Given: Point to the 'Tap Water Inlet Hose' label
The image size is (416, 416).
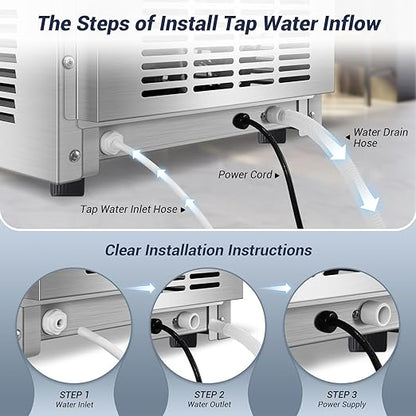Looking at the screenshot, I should [130, 210].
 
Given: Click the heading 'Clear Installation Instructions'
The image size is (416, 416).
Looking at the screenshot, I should [207, 250].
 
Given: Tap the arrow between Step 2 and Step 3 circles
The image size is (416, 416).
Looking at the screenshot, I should [278, 288].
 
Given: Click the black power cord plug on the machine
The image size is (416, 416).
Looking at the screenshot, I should [239, 121].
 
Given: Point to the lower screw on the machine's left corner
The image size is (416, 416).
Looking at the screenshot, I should [75, 155].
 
